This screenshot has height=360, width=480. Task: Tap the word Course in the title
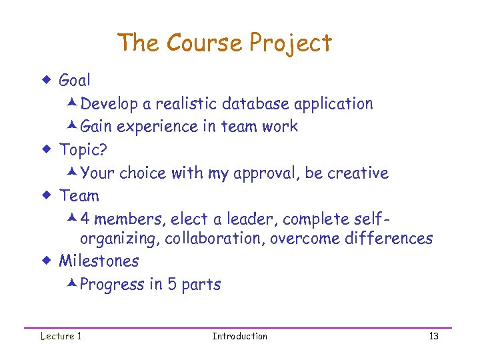click(204, 43)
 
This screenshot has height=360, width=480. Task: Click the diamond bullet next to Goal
click(47, 81)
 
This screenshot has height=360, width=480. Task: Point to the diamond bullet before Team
click(47, 196)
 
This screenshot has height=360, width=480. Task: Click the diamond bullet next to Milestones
click(47, 261)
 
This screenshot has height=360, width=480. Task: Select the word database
click(257, 104)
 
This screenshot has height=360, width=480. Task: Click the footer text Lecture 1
click(61, 336)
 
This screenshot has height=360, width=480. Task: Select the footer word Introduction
click(239, 336)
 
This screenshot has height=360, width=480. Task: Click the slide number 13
click(433, 336)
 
